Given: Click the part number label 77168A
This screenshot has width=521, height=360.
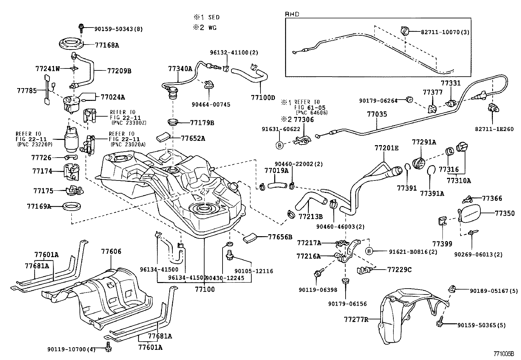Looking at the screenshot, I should point(107,46).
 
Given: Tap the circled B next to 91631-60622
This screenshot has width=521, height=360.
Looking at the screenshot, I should point(280,145).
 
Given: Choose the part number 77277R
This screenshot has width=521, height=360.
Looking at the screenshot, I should point(356,319).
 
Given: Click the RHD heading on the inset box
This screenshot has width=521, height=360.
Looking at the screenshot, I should point(292,14).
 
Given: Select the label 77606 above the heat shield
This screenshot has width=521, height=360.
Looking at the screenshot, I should point(111,252).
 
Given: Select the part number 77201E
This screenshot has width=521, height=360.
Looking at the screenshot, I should point(386,148).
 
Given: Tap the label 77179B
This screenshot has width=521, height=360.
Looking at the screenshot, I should point(202,123).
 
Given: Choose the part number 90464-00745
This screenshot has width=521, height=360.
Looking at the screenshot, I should point(211,105).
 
